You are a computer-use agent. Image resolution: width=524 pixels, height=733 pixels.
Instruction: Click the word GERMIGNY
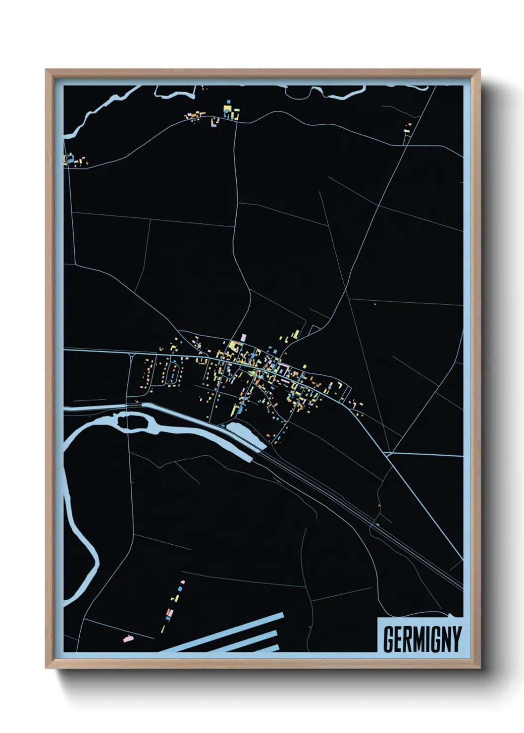[x=422, y=639]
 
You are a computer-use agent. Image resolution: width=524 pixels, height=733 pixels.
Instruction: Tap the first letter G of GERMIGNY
[x=389, y=639]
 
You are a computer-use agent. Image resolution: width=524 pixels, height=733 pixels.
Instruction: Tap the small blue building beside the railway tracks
[x=377, y=524]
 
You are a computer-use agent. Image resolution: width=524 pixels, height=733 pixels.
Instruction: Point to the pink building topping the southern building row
[x=183, y=582]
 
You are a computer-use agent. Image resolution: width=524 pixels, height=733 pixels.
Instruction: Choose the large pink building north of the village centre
[x=243, y=337]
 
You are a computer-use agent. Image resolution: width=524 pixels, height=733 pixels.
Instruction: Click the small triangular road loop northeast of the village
[x=314, y=329]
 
